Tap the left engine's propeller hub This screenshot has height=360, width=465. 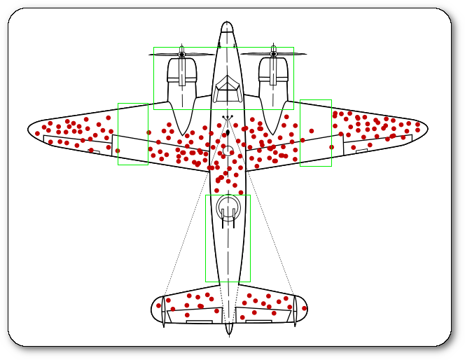(182, 54)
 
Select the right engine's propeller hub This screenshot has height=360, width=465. (273, 54)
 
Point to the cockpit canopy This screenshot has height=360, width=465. (228, 90)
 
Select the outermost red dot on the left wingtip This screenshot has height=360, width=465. (37, 133)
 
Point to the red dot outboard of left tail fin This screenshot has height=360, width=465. (158, 305)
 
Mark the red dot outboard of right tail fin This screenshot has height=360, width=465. (304, 308)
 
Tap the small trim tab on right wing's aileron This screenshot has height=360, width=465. (361, 150)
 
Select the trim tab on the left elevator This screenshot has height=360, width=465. (199, 321)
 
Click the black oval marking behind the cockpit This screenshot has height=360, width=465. (228, 132)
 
